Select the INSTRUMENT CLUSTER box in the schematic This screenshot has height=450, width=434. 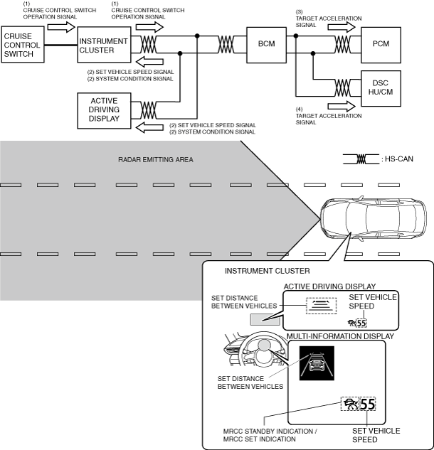pos(103,45)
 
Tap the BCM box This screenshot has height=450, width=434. pos(267,44)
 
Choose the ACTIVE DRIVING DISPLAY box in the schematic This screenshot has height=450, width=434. pos(103,109)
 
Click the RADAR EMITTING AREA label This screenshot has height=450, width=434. pos(156,160)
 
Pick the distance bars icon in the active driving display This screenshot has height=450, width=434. pos(319,305)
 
